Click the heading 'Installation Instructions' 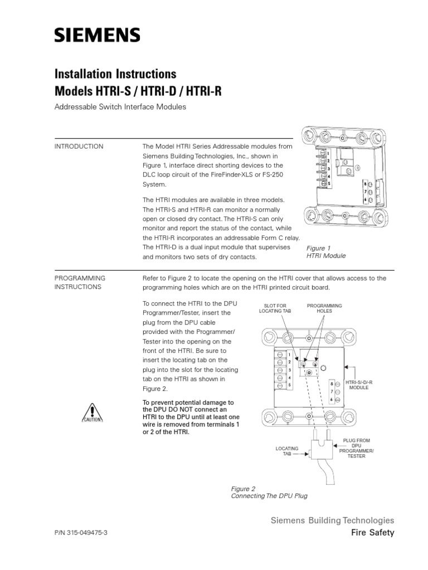pos(115,73)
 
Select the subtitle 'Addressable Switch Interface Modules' pos(119,107)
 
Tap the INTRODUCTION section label pos(79,146)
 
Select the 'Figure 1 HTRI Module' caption pos(327,251)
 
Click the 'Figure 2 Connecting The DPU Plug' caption pos(269,492)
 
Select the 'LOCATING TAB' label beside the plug pos(288,451)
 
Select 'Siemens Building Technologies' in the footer pos(332,520)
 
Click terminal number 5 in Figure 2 pos(289,385)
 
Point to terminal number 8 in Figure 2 pos(332,384)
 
